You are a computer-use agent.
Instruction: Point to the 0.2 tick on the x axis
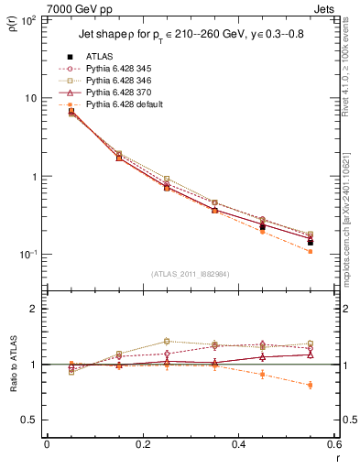coord(142,444)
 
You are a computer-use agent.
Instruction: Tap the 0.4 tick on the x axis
coord(238,444)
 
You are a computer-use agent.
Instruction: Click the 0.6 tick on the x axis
coord(333,444)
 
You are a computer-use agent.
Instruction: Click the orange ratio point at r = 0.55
coord(310,385)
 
